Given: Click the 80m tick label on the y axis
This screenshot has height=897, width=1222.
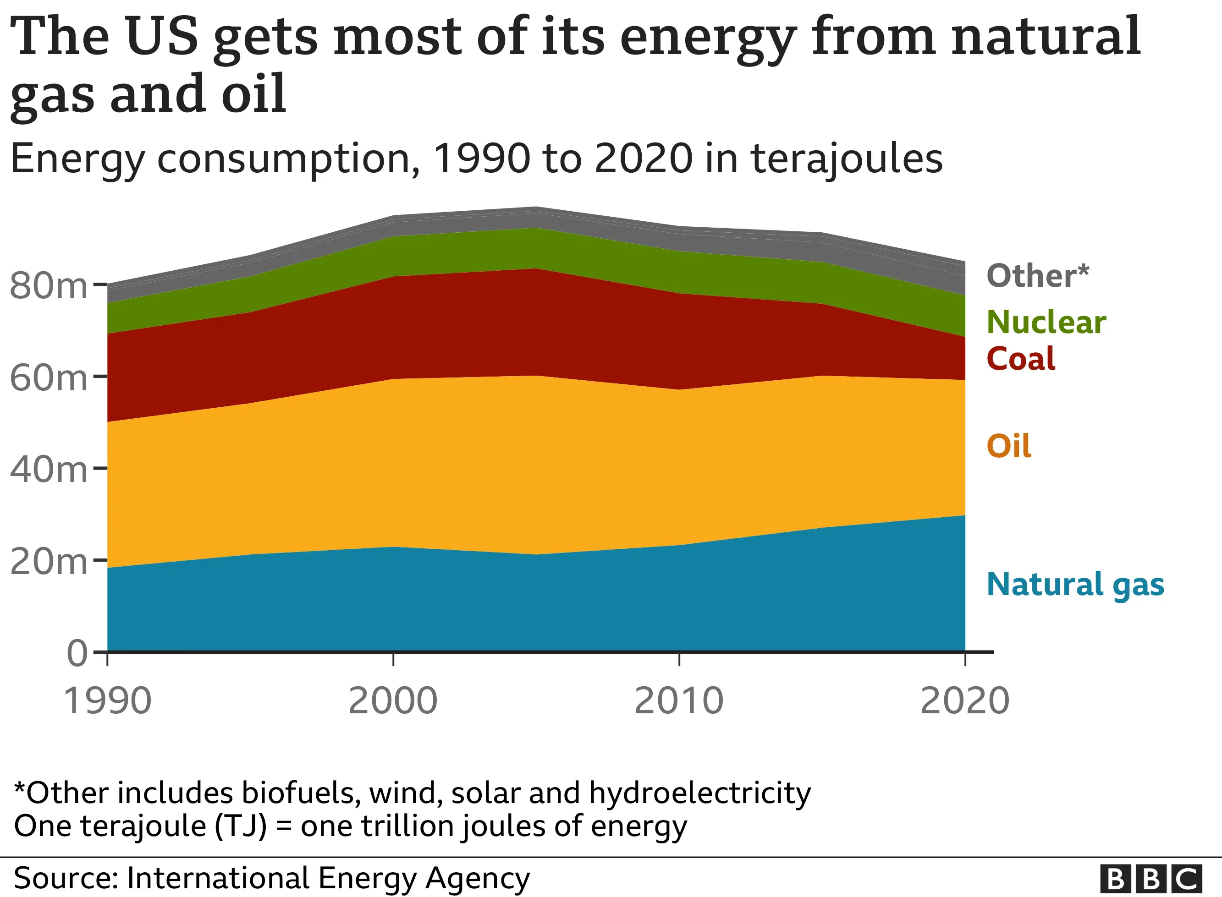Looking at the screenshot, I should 48,285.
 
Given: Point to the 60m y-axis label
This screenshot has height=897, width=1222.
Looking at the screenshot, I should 48,378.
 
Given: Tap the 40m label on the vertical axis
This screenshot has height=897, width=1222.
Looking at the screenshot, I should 48,469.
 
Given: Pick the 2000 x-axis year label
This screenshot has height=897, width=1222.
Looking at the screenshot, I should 393,701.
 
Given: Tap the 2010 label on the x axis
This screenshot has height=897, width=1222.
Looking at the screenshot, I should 678,701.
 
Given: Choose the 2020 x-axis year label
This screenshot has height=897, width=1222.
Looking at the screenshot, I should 964,701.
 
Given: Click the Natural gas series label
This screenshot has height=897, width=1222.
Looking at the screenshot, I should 1075,585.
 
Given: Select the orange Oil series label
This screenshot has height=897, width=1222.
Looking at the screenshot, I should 1008,446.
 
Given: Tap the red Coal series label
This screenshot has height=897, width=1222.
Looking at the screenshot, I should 1020,359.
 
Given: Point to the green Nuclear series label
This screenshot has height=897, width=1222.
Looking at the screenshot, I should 1046,322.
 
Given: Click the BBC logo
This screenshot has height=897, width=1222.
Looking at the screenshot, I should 1151,879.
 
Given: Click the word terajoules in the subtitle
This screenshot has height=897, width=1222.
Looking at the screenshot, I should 846,159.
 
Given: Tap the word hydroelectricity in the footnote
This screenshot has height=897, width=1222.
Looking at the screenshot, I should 699,793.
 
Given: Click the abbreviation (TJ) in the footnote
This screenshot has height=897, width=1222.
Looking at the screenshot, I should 241,826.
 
